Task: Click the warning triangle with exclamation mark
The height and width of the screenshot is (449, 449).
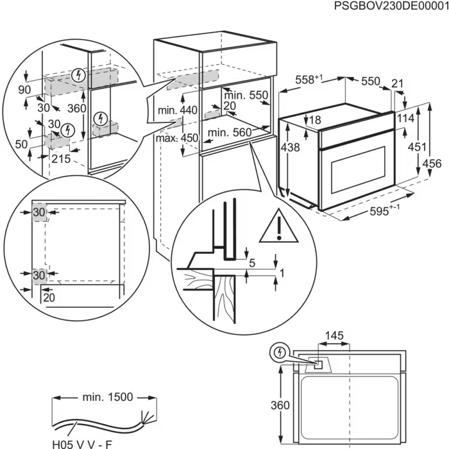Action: tap(278, 225)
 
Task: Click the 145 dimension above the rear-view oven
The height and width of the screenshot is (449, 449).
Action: tap(334, 335)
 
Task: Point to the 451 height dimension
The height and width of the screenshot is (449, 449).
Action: tap(417, 147)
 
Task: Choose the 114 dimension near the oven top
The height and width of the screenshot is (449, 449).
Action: tap(405, 119)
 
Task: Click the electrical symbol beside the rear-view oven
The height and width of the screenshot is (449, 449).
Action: tap(279, 352)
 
